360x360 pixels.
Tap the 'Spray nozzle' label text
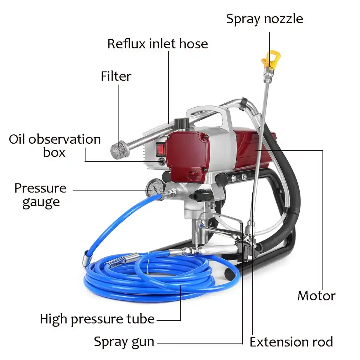264,19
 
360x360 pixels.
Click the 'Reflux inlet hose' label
157,44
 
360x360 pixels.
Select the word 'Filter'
116,76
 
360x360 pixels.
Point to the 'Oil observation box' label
55,145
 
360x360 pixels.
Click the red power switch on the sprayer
160,149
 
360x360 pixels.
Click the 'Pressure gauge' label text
40,195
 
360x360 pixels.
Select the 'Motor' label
316,295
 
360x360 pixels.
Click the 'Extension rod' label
291,342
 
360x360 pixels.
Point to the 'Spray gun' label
124,342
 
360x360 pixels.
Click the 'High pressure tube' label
97,319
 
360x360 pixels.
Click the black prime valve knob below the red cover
198,194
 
